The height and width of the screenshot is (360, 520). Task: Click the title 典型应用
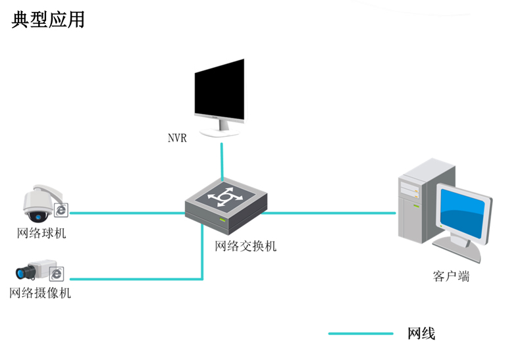(x=48, y=20)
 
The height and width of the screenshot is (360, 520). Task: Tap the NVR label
(x=177, y=139)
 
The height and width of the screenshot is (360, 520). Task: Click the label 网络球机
(x=41, y=233)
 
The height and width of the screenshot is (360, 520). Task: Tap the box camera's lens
(x=22, y=271)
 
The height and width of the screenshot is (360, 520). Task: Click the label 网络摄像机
(x=40, y=293)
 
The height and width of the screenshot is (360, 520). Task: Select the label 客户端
(x=451, y=276)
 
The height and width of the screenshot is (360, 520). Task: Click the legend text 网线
(x=421, y=334)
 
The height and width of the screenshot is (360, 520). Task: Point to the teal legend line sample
(x=361, y=334)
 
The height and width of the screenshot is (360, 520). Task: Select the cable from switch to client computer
(x=329, y=213)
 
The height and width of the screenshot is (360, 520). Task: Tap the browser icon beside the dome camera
(x=61, y=209)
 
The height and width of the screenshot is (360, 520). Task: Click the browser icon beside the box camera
(x=57, y=273)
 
